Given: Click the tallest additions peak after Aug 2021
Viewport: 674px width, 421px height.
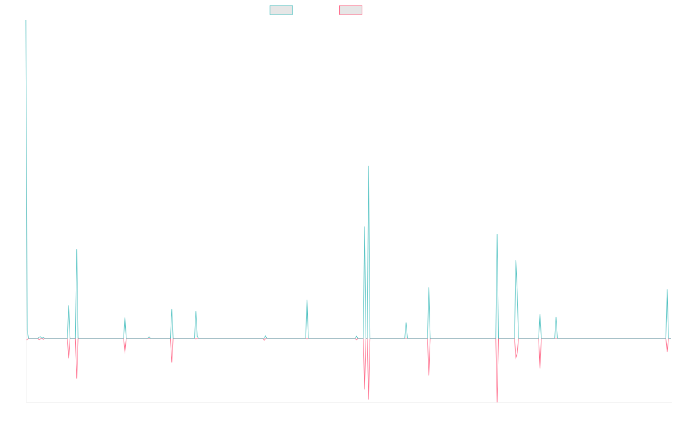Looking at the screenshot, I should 368,167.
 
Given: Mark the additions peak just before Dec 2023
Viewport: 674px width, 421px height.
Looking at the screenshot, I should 497,235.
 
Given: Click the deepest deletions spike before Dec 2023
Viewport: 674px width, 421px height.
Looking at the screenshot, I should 497,400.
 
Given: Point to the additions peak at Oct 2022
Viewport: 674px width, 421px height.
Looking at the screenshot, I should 429,288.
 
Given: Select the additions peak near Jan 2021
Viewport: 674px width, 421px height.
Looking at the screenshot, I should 307,300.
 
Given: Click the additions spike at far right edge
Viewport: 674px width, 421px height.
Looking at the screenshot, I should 667,290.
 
